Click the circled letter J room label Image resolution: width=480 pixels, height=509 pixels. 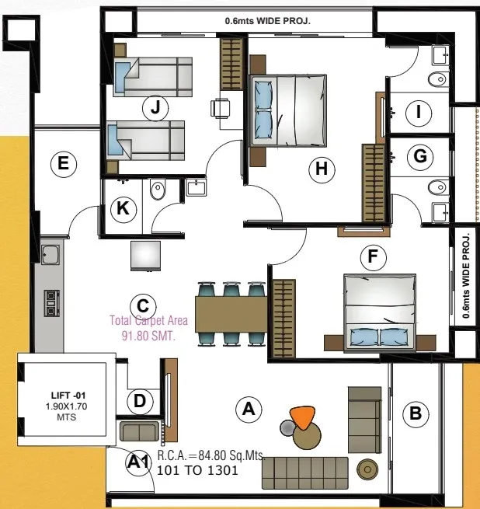(x=155, y=108)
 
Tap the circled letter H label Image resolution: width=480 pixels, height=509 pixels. (x=322, y=169)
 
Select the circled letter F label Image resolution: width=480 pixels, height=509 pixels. (x=374, y=257)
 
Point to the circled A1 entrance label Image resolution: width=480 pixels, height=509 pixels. (x=138, y=462)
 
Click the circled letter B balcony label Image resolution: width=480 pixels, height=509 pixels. (x=416, y=414)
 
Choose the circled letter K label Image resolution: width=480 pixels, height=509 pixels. (x=123, y=209)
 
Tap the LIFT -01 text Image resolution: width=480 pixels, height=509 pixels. (x=68, y=396)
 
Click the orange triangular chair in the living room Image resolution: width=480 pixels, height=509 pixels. (x=302, y=417)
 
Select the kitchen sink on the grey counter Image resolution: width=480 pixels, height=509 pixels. (x=50, y=254)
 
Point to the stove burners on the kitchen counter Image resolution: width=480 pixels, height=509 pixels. (x=52, y=303)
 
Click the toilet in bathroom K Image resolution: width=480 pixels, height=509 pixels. (x=158, y=190)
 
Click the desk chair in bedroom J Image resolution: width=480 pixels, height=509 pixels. (x=221, y=108)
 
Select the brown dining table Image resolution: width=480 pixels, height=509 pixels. (x=231, y=314)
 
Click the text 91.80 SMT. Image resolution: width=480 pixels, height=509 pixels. (x=148, y=336)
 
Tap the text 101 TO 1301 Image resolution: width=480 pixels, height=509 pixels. (x=197, y=470)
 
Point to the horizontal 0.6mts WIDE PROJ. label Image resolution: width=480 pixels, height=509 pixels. (x=268, y=21)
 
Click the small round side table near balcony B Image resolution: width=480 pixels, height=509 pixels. (x=367, y=469)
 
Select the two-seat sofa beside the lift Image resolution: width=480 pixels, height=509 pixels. (x=139, y=431)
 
